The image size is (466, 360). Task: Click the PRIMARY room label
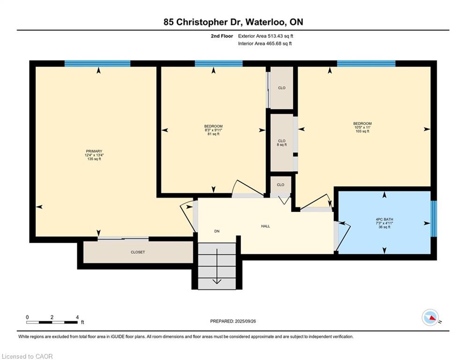click(94, 151)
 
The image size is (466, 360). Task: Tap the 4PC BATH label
click(384, 219)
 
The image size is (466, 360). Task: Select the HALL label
click(266, 226)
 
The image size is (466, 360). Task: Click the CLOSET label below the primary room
click(138, 252)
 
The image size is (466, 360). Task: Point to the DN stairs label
click(217, 231)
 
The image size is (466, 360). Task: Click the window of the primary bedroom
click(97, 64)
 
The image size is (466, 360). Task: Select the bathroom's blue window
click(433, 218)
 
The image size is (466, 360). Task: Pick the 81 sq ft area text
click(213, 134)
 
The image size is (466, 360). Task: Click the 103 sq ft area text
click(362, 131)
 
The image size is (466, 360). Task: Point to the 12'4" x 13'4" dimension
click(94, 155)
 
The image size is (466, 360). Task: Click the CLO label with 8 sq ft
click(281, 143)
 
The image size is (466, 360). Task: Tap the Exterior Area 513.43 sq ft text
click(266, 36)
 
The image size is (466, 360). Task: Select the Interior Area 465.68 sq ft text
click(266, 44)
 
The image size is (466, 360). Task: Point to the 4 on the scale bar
click(77, 317)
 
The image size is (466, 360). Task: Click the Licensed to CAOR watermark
click(28, 356)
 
